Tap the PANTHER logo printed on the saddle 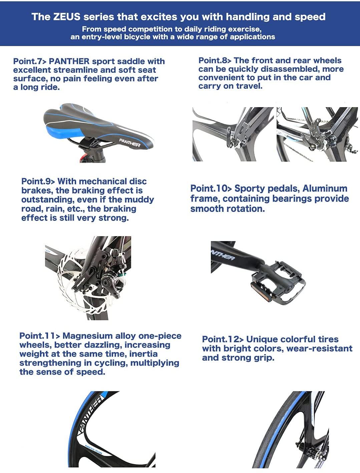(x=130, y=143)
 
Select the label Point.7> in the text (x=30, y=61)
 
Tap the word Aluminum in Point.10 (x=325, y=188)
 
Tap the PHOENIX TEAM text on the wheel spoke (x=93, y=449)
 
